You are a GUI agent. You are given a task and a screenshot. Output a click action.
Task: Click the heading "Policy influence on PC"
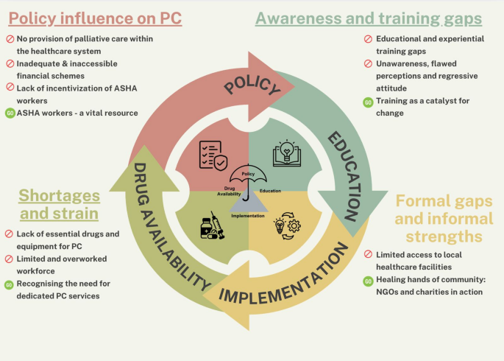[x=95, y=18]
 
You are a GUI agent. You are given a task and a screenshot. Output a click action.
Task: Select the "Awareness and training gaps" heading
[x=369, y=18]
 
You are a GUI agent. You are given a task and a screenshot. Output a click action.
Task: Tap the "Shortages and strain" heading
[x=59, y=204]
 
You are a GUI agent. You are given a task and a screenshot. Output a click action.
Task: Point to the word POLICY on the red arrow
[x=252, y=85]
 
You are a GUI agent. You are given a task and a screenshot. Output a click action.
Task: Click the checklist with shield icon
[x=213, y=155]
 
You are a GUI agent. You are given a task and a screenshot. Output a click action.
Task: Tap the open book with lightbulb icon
[x=287, y=153]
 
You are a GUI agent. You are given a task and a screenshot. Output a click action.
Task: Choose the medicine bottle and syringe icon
[x=212, y=225]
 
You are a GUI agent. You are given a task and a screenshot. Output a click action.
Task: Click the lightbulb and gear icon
[x=288, y=226]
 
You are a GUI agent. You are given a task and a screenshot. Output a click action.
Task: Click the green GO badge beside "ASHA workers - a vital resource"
[x=10, y=113]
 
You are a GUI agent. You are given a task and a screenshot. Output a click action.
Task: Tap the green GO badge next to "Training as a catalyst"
[x=368, y=102]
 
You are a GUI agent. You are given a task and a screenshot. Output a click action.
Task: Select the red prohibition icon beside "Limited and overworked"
[x=9, y=259]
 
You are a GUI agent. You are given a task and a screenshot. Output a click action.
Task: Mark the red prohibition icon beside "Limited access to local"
[x=368, y=254]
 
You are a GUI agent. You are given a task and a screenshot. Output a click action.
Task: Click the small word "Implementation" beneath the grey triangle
[x=248, y=216]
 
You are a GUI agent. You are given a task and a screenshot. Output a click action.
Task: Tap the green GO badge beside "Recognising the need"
[x=9, y=284]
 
